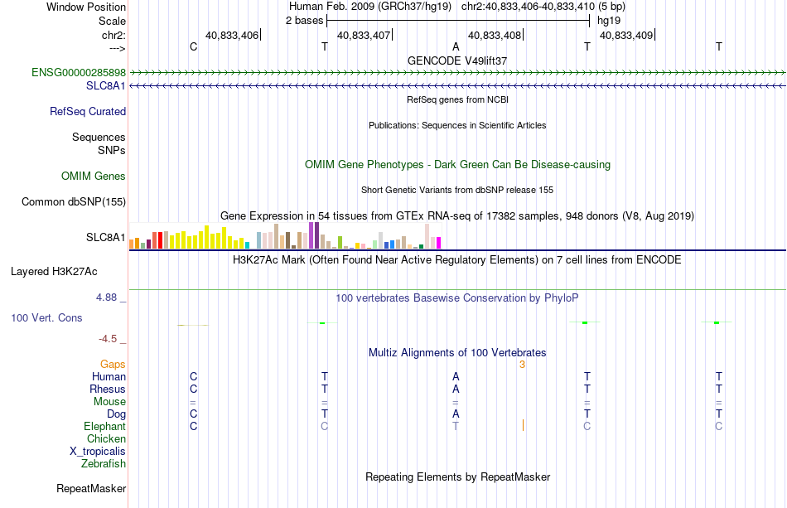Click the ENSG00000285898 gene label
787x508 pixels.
79,73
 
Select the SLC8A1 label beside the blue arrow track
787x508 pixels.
106,86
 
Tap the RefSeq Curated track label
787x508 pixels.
88,111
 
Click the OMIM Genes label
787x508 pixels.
94,177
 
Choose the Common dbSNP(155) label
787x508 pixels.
74,202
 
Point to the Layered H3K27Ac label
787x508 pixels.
54,272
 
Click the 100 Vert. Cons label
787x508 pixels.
46,317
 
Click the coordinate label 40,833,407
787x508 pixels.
364,35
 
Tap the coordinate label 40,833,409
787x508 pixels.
626,35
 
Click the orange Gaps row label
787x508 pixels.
113,364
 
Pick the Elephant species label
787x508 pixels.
105,426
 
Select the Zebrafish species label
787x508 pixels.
104,463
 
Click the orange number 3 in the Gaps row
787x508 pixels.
522,365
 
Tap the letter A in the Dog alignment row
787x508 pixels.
456,414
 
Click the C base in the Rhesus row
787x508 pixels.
193,389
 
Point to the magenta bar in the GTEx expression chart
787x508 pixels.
439,243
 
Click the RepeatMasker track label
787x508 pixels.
91,488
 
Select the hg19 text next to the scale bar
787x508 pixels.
609,21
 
